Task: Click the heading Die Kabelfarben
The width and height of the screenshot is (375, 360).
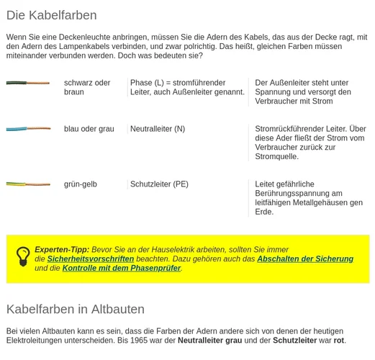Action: pos(51,15)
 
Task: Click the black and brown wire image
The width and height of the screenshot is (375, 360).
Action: pos(28,83)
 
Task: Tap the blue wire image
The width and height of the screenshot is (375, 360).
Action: pos(28,129)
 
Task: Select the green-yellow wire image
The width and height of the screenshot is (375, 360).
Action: pos(28,184)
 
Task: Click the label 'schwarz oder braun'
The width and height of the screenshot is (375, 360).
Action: pos(87,87)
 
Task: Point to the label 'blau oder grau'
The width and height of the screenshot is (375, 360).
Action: pos(89,129)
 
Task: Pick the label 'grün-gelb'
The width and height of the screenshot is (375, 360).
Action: pos(80,184)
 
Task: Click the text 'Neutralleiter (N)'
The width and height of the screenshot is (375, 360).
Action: pos(158,129)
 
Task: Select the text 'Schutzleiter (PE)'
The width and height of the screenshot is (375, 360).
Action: pos(159,184)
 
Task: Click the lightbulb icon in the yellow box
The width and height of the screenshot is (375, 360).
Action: pos(23,256)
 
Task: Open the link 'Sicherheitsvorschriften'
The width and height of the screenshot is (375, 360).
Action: pos(91,259)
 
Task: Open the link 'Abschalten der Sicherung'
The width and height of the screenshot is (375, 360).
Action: pos(305,259)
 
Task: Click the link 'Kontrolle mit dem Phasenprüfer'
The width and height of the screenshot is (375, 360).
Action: pos(121,269)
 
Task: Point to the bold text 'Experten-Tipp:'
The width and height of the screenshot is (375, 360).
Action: pos(62,249)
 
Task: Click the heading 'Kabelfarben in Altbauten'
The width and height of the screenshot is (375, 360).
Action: pos(75,309)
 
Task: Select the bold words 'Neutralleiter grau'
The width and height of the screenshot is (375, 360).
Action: pos(210,341)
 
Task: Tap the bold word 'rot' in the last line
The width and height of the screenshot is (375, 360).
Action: pos(339,341)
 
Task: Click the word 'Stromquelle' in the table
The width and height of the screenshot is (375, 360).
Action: pos(276,156)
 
